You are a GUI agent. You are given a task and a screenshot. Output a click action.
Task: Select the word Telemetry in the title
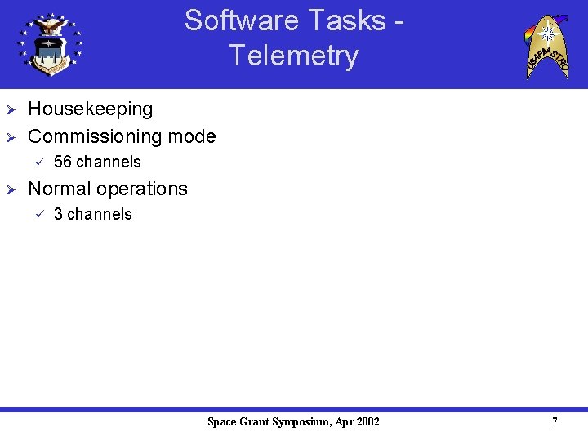coord(293,56)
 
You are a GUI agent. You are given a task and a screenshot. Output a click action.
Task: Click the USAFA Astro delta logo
coord(546,46)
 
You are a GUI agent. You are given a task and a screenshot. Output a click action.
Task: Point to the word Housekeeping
coord(91,109)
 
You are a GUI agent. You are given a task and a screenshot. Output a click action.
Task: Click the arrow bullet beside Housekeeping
coord(11,109)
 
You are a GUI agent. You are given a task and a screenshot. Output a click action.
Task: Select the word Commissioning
coord(96,136)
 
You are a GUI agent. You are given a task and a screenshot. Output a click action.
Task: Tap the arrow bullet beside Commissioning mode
coord(11,137)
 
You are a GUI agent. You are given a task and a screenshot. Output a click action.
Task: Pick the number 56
coord(63,162)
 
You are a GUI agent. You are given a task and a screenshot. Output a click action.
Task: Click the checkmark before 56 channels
coord(37,162)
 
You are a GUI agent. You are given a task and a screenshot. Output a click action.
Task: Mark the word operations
coord(142,189)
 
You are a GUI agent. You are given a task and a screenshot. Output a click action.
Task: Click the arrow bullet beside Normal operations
coord(11,189)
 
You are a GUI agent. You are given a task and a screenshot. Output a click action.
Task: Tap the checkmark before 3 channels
coord(37,214)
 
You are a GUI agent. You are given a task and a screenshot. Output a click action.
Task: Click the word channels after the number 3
coord(99,214)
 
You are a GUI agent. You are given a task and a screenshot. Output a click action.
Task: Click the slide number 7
coord(555,422)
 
